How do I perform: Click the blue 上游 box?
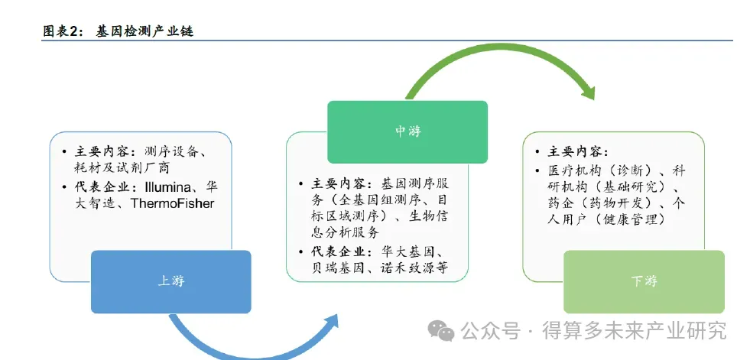[170, 281]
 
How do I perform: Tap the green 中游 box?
[407, 131]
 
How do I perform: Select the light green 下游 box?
[644, 281]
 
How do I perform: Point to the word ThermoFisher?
[173, 203]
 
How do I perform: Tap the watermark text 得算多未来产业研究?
[634, 330]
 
